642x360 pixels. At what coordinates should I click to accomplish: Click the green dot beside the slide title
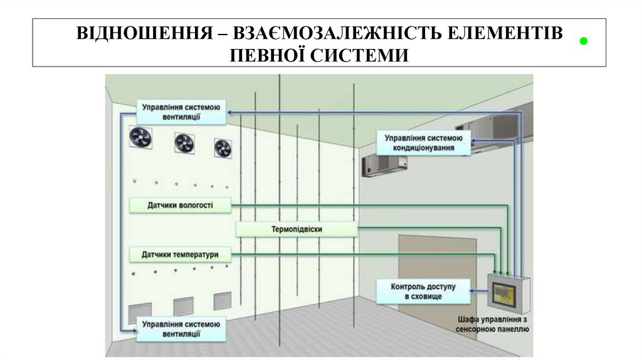[583, 41]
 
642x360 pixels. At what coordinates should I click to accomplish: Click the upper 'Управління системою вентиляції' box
[180, 112]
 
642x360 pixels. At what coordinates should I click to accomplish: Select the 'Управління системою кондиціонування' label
[423, 143]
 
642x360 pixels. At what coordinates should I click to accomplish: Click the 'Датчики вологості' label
[180, 205]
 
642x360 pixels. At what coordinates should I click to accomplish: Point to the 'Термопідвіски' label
[297, 230]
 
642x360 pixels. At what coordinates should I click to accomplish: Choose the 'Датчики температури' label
[180, 255]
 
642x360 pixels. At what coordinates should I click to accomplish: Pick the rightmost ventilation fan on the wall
[222, 148]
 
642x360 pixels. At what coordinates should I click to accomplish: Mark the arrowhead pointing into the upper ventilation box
[230, 112]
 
